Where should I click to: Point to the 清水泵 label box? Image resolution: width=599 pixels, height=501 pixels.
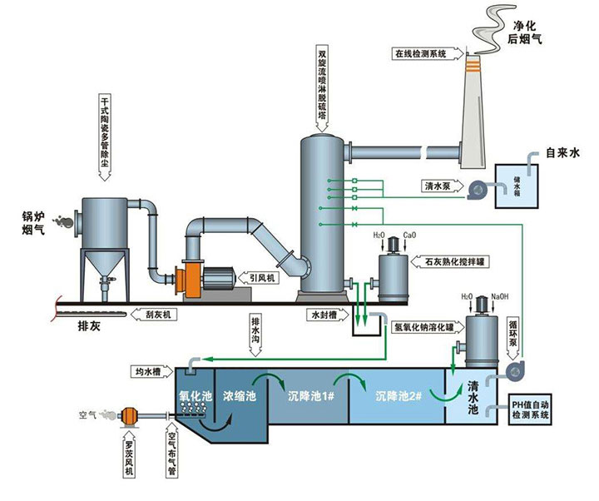point(441,186)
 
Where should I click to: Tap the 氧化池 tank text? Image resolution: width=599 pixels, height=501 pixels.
point(195,394)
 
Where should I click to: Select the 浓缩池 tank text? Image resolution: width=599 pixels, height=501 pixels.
point(240,394)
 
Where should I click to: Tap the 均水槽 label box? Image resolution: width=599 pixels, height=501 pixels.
point(150,370)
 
